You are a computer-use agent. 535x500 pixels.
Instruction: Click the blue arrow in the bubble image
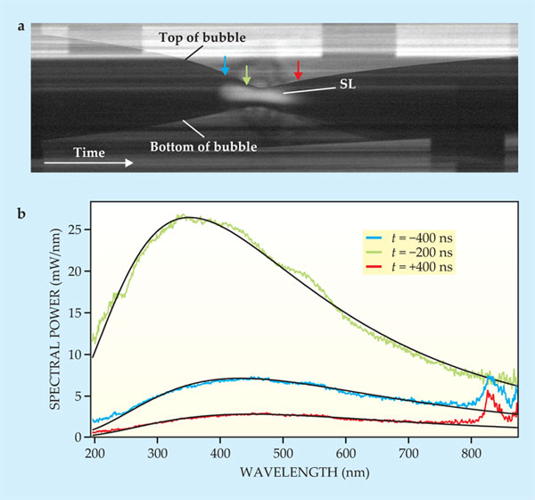tap(226, 64)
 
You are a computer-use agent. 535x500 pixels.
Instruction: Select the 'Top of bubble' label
tap(202, 37)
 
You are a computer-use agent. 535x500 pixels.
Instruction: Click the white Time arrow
tap(88, 163)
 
